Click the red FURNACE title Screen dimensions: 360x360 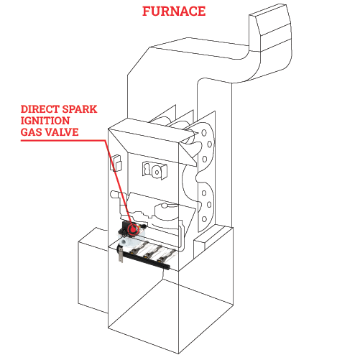(174, 11)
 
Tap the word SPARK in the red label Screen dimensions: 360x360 (78, 109)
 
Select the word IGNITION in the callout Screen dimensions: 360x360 (45, 121)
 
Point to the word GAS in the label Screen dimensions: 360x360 (31, 132)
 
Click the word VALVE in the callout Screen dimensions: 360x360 (62, 132)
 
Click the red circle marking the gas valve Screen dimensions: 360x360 (132, 229)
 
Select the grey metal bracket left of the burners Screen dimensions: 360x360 (121, 255)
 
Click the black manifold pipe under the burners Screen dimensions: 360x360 (144, 259)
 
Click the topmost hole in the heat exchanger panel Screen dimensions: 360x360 (204, 133)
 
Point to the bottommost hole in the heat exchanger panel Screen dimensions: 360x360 (204, 219)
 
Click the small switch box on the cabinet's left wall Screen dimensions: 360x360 (116, 163)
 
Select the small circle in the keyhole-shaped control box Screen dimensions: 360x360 (157, 172)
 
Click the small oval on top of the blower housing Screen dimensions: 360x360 (165, 206)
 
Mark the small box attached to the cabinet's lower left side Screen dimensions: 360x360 (93, 270)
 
